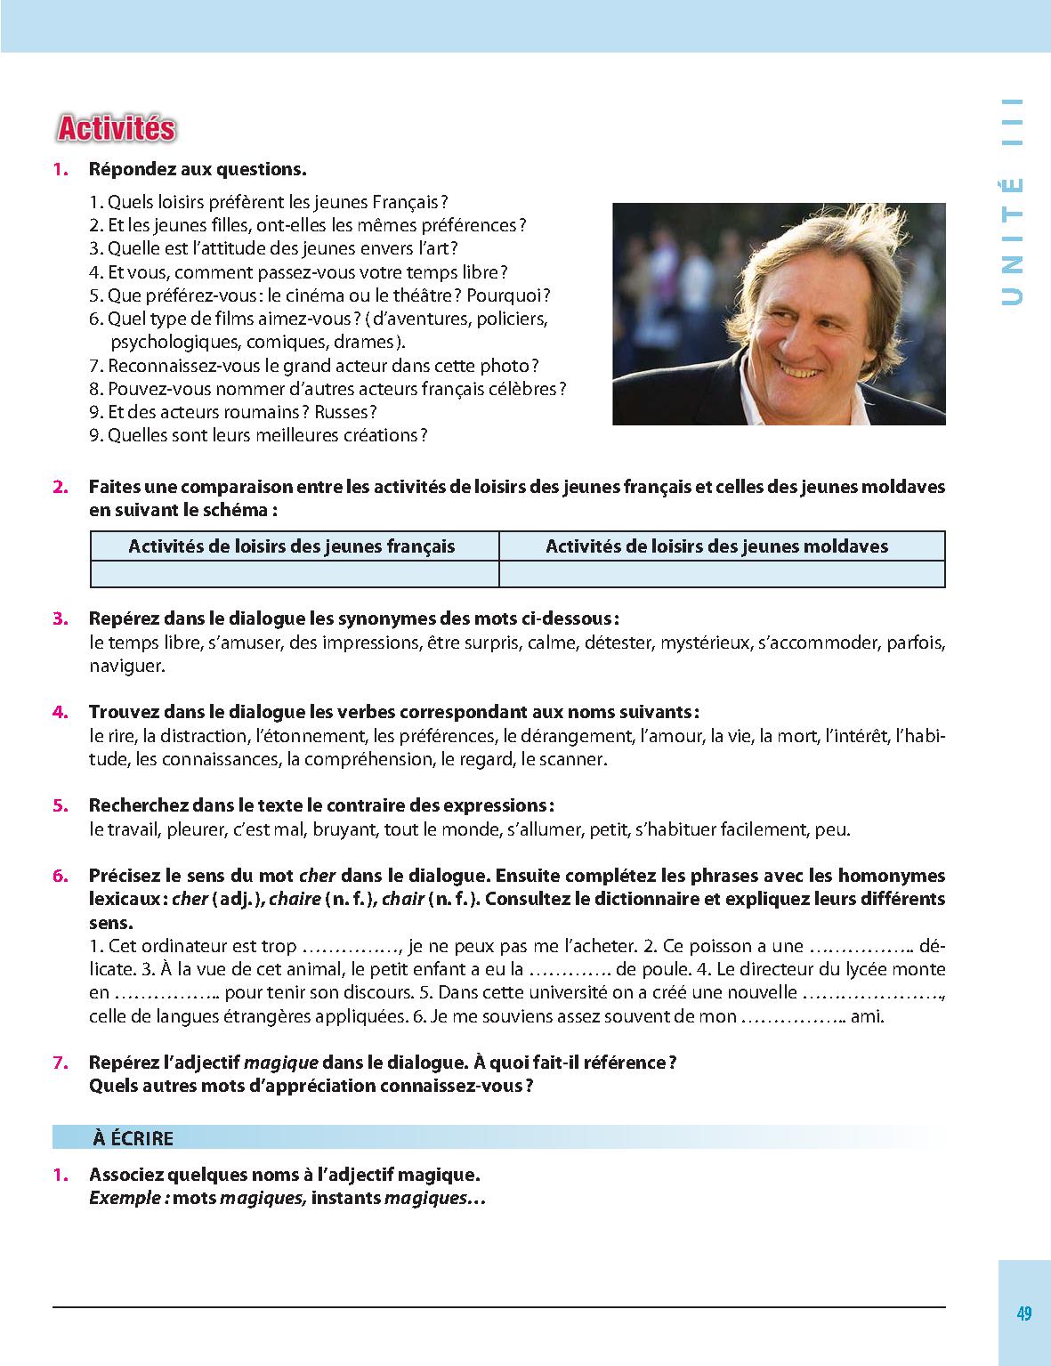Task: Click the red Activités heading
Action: coord(116,129)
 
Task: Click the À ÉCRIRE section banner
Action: coord(133,1138)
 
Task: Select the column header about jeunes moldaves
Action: coord(716,546)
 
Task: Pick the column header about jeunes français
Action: coord(292,546)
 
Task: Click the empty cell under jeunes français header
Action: coord(295,574)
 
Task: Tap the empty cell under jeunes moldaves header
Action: coord(722,574)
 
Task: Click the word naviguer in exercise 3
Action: coord(126,666)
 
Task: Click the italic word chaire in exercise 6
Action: coord(295,900)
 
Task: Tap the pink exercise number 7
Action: coord(60,1063)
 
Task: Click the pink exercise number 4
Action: coord(60,712)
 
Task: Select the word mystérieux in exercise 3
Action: coord(704,643)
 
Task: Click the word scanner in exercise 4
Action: coord(576,760)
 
